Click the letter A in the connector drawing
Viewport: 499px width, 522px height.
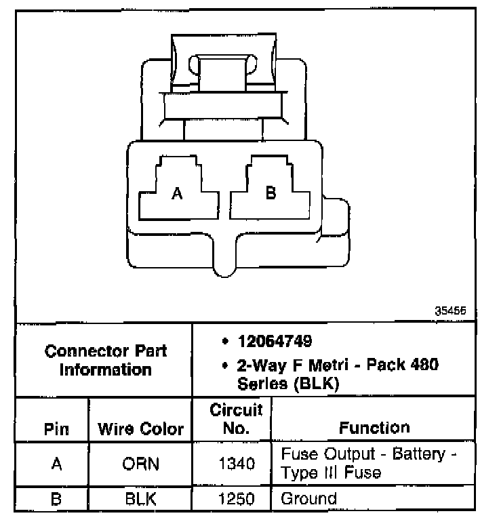pos(177,194)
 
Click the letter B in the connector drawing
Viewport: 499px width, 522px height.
pos(271,193)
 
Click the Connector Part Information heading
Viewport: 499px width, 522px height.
pos(105,360)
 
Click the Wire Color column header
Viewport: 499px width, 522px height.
pos(141,429)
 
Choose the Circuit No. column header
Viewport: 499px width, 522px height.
pos(236,420)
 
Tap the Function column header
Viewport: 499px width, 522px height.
pos(374,427)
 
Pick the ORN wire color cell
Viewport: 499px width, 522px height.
pos(141,464)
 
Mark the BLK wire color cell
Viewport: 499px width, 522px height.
pos(141,500)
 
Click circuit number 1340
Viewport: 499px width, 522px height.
pos(236,464)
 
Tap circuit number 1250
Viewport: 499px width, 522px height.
pos(236,500)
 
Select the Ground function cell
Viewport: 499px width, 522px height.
pos(308,500)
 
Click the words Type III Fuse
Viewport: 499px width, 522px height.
pos(330,472)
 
